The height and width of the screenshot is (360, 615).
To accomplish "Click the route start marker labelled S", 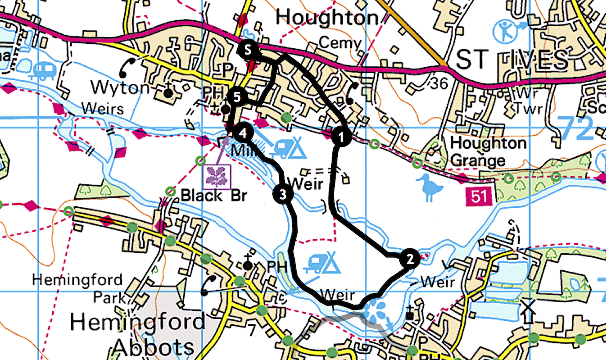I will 248,50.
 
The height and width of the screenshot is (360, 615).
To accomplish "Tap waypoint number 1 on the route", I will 340,137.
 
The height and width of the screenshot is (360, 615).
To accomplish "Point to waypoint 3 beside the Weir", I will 282,194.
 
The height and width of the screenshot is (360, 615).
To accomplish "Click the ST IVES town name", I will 512,61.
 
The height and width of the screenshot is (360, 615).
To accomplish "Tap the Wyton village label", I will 120,88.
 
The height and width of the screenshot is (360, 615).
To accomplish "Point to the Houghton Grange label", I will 488,151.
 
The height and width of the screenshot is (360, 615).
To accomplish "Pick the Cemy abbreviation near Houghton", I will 340,43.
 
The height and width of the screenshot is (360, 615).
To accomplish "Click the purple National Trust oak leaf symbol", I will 217,176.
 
